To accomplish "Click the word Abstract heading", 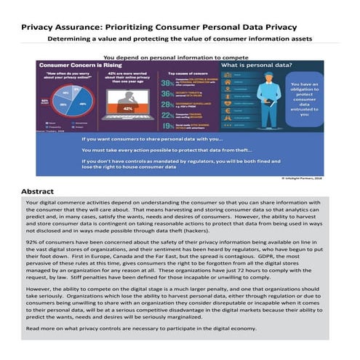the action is tap(41, 191).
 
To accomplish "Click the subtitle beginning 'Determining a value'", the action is tap(180, 39).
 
